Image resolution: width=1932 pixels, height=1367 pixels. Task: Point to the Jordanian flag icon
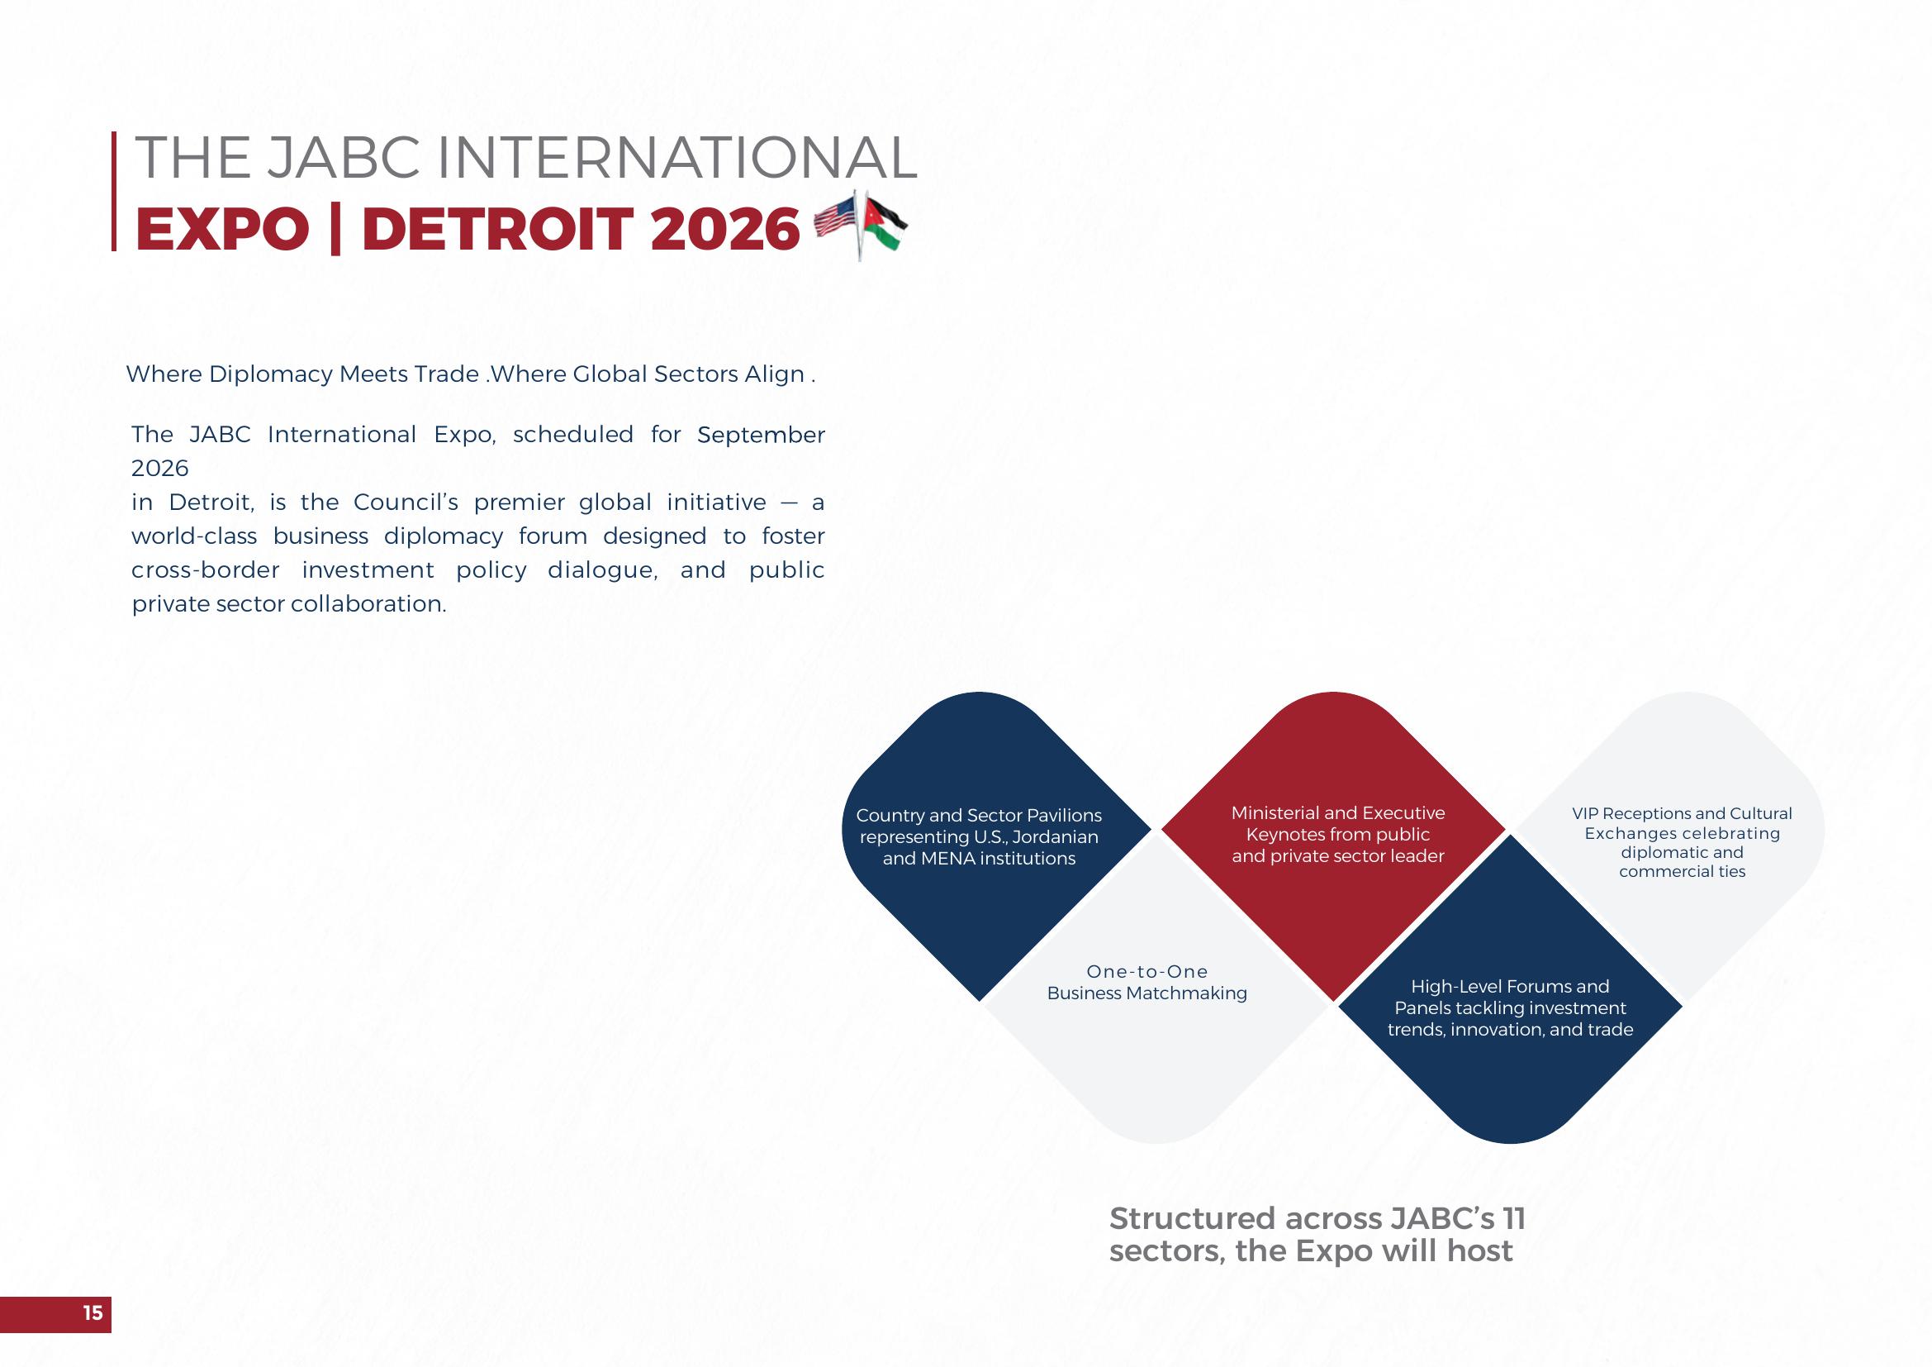point(884,224)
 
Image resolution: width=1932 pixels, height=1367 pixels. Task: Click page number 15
point(93,1312)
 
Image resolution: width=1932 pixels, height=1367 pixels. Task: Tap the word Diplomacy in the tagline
point(271,374)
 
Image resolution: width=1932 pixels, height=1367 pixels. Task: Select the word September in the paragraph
point(761,436)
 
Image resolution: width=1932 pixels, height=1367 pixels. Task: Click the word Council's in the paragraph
point(406,503)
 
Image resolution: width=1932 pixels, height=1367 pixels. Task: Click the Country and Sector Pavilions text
point(979,836)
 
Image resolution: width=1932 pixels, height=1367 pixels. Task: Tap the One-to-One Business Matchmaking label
point(1147,983)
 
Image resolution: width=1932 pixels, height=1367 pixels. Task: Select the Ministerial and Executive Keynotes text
point(1338,834)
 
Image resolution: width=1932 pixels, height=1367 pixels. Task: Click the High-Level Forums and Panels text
point(1511,1007)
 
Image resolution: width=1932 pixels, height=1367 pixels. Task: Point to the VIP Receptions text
point(1682,841)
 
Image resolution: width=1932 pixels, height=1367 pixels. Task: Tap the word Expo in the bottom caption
point(1334,1251)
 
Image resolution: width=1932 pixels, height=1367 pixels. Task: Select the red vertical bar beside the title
point(114,191)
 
